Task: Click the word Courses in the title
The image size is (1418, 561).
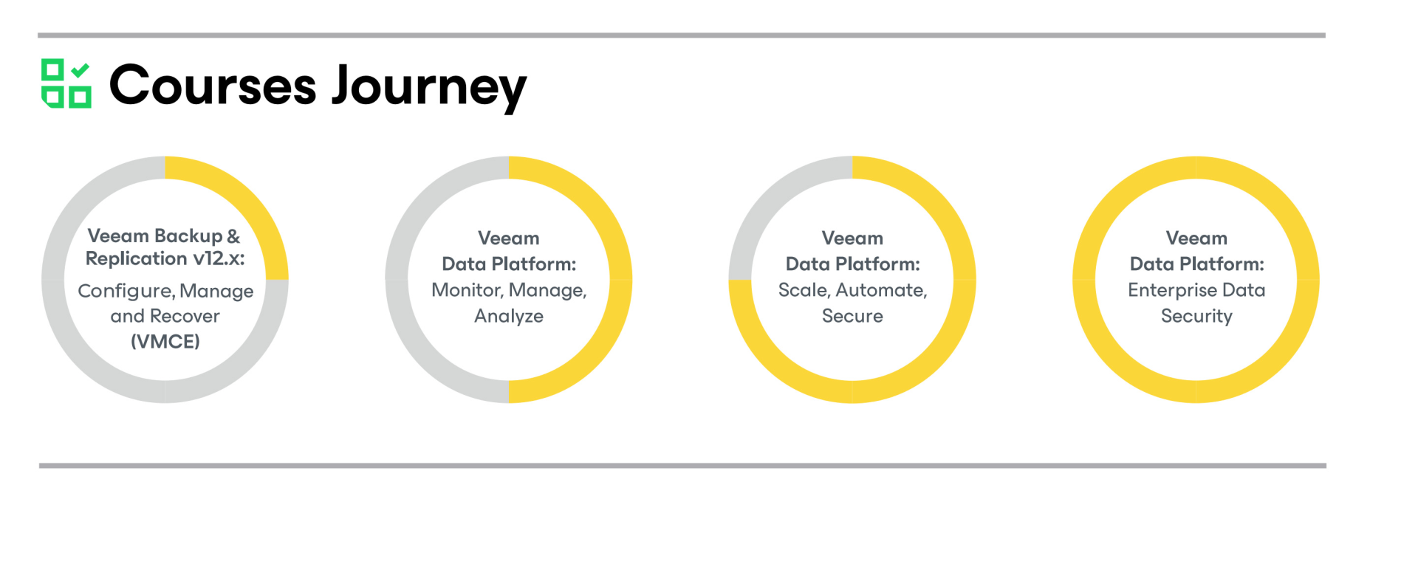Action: tap(213, 86)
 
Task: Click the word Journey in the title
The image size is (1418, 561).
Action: tap(429, 87)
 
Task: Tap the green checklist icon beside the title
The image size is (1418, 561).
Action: tap(66, 83)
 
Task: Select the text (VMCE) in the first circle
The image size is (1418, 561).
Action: tap(165, 342)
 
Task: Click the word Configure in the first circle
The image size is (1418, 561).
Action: tap(126, 292)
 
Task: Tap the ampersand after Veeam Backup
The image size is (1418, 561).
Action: tap(233, 236)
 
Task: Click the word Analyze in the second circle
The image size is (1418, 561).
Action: tap(509, 317)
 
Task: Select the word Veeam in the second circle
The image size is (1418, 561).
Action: tap(509, 238)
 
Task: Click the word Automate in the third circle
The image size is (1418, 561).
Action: tap(882, 291)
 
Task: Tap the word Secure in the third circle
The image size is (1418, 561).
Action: tap(852, 316)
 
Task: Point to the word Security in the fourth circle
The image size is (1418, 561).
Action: tap(1196, 317)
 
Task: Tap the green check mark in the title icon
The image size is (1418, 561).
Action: tap(81, 70)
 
